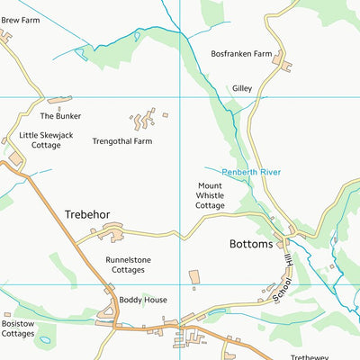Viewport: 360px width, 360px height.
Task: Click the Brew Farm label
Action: pyautogui.click(x=21, y=19)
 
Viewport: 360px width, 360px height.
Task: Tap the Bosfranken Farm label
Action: pyautogui.click(x=240, y=54)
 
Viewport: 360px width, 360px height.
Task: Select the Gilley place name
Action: pyautogui.click(x=242, y=88)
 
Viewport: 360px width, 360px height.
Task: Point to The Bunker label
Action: pyautogui.click(x=60, y=116)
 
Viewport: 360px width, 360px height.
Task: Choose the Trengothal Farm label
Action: pyautogui.click(x=122, y=141)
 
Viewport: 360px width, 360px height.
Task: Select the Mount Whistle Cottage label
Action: pyautogui.click(x=210, y=195)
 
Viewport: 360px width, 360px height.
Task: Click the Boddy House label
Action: pyautogui.click(x=143, y=300)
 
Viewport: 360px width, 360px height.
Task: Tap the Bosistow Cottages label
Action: pyautogui.click(x=18, y=328)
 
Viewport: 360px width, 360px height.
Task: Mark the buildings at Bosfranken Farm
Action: pyautogui.click(x=282, y=63)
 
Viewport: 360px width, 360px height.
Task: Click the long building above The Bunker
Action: pyautogui.click(x=58, y=100)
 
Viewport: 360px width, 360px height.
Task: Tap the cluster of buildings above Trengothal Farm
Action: pyautogui.click(x=144, y=120)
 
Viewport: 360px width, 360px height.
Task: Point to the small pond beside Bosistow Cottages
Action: pyautogui.click(x=44, y=339)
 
